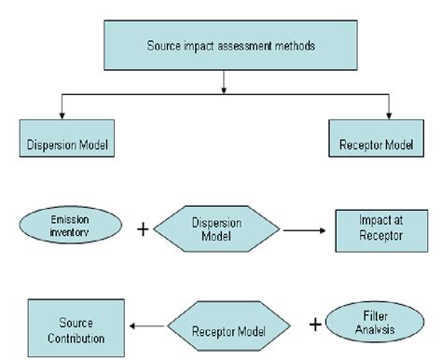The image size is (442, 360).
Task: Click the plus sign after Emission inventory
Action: click(142, 228)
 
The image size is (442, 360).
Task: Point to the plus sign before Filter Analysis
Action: click(315, 325)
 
